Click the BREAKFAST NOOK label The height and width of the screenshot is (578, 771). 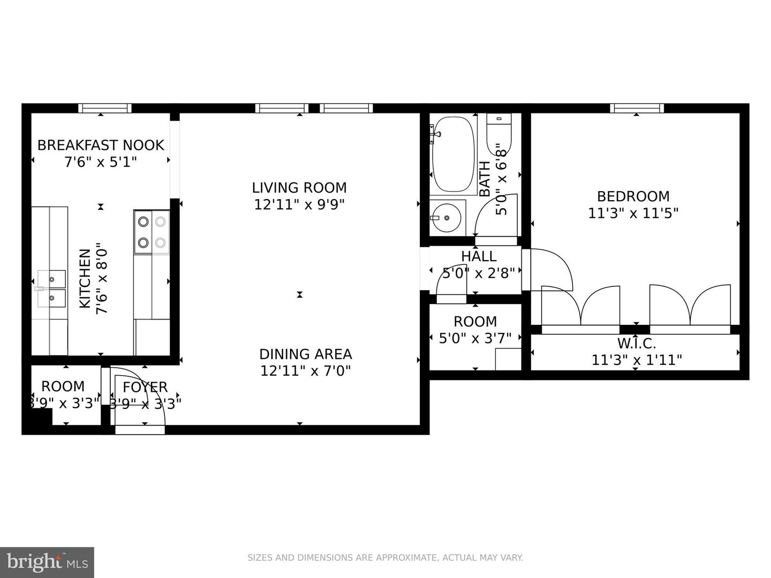(x=101, y=145)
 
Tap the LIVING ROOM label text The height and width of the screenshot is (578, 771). (x=299, y=188)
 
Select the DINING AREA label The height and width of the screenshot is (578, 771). (x=305, y=354)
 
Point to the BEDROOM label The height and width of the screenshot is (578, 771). (x=633, y=196)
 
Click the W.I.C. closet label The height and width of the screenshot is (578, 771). (x=636, y=344)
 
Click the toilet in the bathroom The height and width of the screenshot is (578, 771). (x=499, y=133)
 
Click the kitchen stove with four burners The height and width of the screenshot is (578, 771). (x=152, y=232)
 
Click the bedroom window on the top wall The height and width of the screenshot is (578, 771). (x=637, y=108)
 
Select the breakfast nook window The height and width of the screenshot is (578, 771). (x=105, y=108)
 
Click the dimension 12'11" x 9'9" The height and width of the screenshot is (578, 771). (x=299, y=204)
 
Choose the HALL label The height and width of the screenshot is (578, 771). (x=479, y=256)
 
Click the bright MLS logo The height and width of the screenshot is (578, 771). (x=47, y=562)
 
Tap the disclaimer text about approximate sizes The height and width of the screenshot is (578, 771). (x=385, y=558)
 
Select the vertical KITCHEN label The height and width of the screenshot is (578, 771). (x=85, y=278)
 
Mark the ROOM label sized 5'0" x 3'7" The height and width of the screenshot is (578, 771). (x=475, y=322)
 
